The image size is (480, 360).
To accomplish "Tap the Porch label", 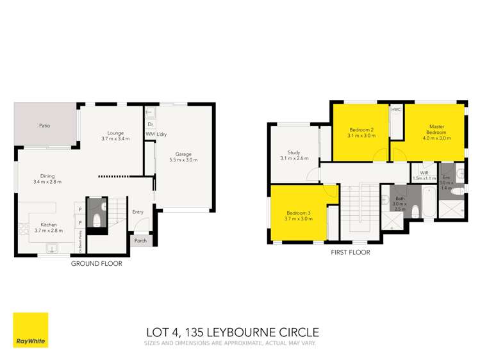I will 140,241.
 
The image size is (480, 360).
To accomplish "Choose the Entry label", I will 138,212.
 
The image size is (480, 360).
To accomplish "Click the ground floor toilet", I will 97,220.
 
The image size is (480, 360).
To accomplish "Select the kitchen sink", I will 54,249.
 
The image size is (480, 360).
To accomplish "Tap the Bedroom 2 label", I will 360,132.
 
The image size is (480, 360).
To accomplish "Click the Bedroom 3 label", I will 299,216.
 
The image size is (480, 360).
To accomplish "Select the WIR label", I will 424,173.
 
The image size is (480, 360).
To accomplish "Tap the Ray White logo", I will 30,330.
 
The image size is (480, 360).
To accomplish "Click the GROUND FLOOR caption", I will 96,263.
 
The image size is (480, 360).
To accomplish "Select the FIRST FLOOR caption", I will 350,252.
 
